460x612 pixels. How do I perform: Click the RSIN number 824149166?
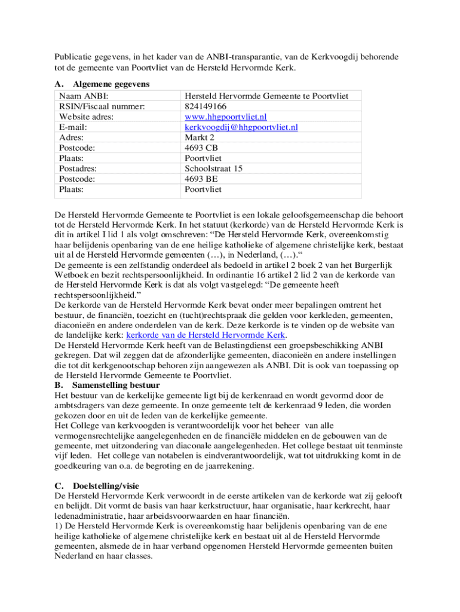[206, 106]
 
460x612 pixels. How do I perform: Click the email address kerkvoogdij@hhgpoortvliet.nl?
[241, 127]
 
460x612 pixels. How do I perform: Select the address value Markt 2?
[200, 137]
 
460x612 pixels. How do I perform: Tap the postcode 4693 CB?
[201, 148]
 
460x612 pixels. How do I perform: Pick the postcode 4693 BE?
[201, 179]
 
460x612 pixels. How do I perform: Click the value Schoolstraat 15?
[214, 169]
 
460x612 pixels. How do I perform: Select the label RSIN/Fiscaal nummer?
[102, 106]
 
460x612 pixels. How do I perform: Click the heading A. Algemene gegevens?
[102, 84]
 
